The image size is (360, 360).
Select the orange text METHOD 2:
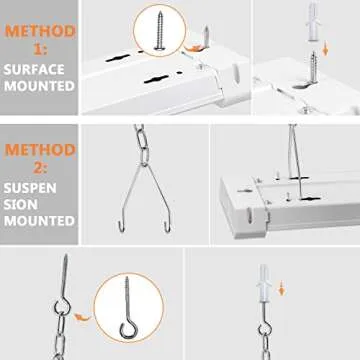pyautogui.click(x=37, y=159)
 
